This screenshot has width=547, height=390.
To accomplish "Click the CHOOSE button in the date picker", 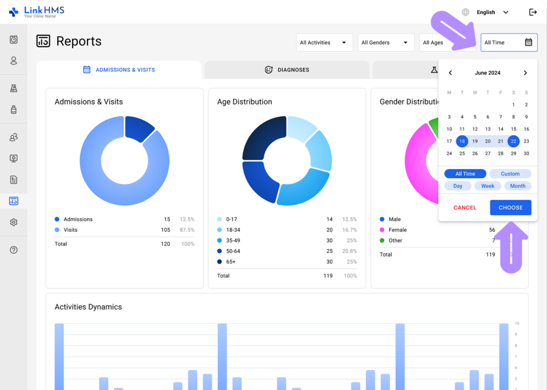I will [x=510, y=208].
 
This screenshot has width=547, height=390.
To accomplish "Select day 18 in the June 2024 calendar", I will [x=462, y=141].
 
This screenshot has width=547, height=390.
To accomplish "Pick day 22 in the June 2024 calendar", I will [x=513, y=141].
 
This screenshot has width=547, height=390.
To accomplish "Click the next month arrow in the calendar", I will [x=525, y=73].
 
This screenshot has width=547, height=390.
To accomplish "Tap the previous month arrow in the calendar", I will [x=450, y=73].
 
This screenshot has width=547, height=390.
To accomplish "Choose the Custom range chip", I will [x=510, y=174].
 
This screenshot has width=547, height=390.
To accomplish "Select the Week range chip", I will [x=488, y=186].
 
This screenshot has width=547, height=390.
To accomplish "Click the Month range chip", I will [x=518, y=186].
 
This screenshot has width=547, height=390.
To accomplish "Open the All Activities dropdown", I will [x=324, y=43].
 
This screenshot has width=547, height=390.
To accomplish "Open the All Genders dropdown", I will [x=386, y=43].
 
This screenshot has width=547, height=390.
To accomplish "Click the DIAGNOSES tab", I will [x=287, y=70].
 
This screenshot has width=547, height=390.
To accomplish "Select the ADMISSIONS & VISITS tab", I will [x=119, y=70].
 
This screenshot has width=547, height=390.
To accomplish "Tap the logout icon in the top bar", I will [x=533, y=12].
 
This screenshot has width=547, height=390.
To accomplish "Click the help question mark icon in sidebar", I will [x=14, y=250].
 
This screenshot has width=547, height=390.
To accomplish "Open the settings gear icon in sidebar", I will [x=14, y=222].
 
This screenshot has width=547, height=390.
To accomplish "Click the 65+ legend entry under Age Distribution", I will [x=231, y=262].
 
